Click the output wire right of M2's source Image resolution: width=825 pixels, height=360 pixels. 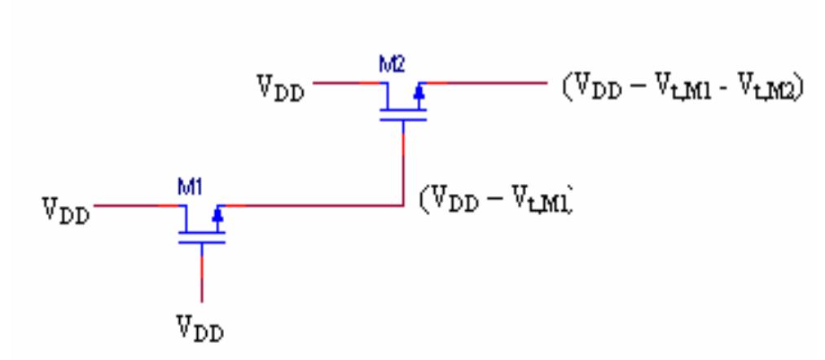pyautogui.click(x=489, y=83)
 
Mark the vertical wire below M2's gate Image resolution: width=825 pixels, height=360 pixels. pyautogui.click(x=404, y=163)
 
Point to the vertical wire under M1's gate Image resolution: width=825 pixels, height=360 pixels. pyautogui.click(x=202, y=277)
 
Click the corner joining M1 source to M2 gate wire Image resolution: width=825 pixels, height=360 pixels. pyautogui.click(x=404, y=206)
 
